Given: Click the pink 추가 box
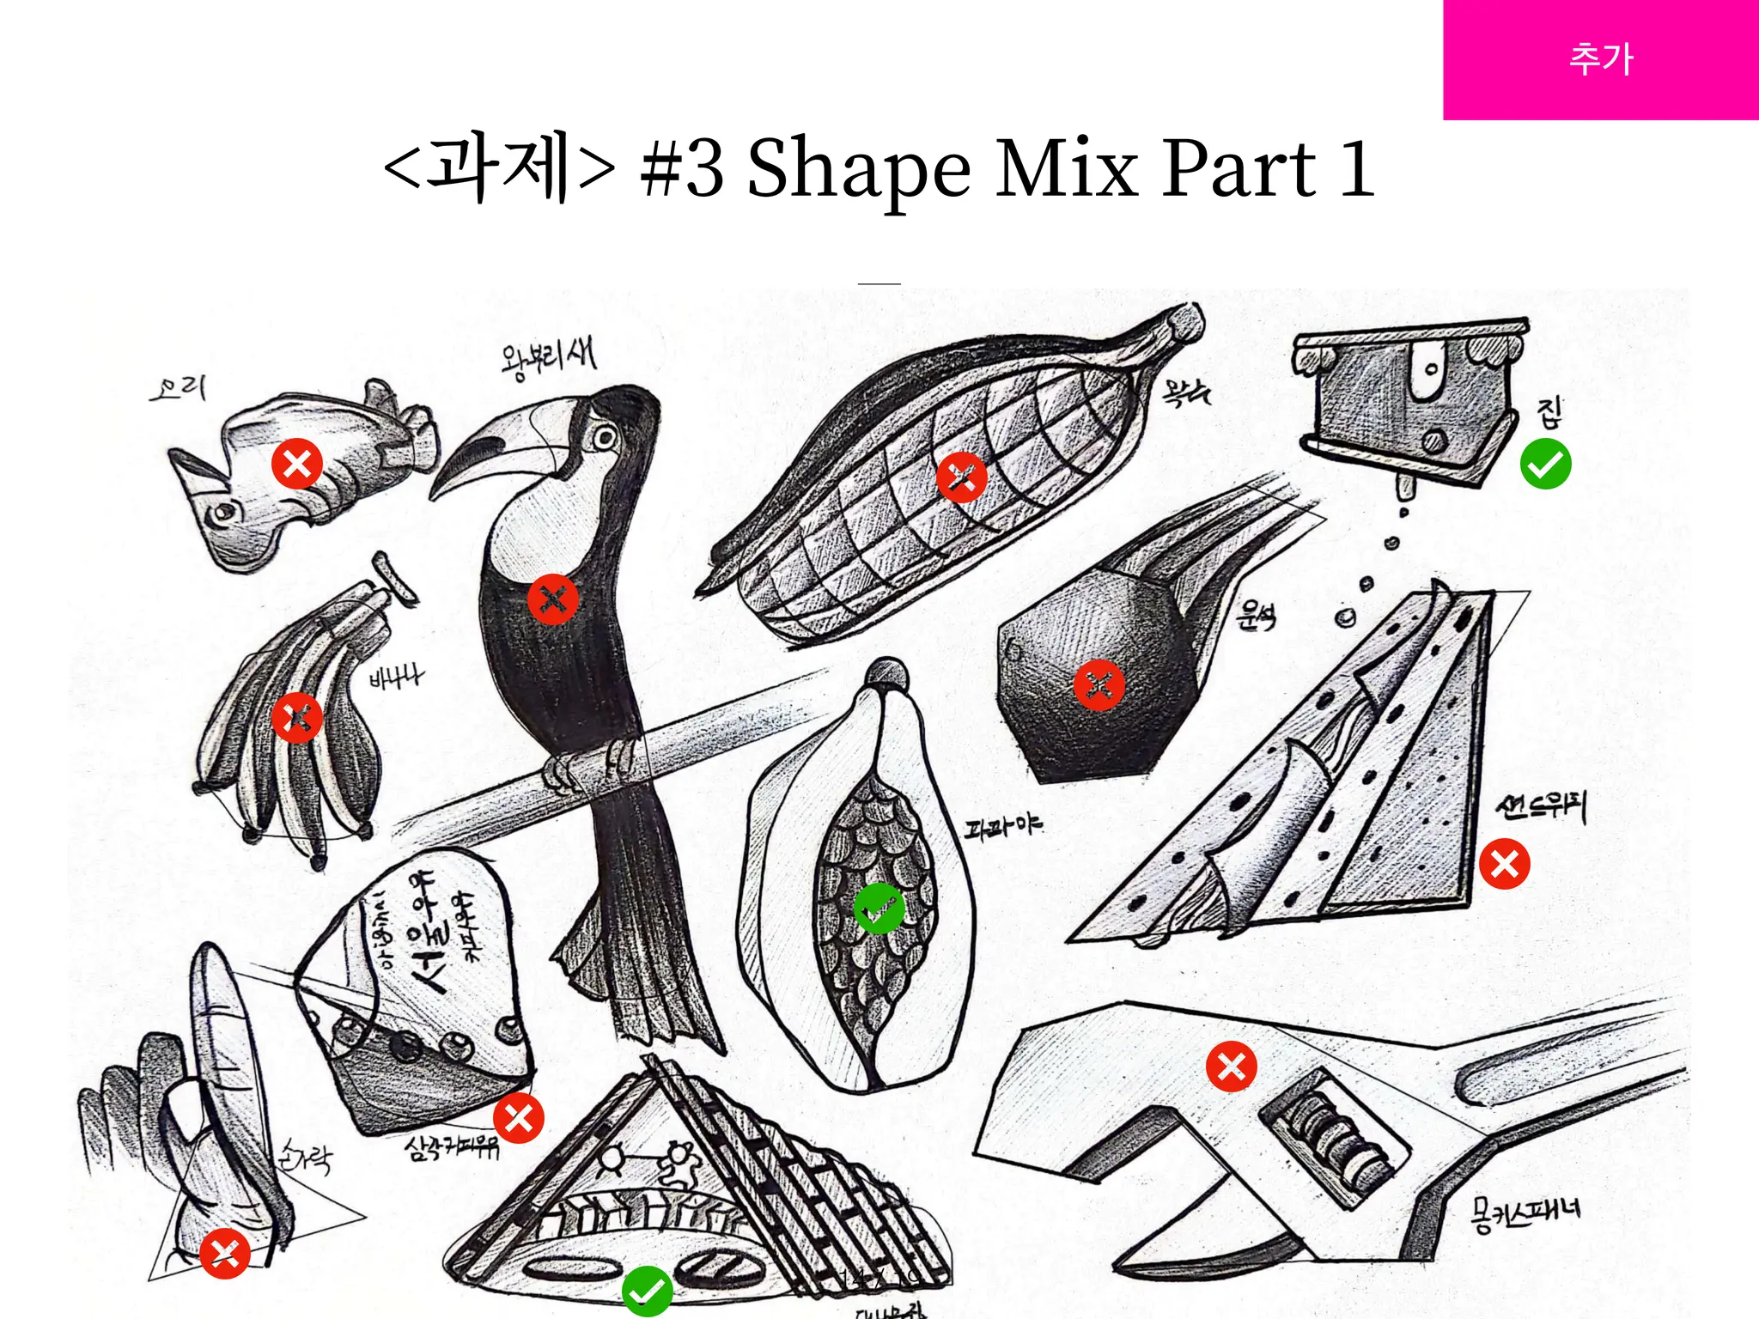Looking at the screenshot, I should click(x=1600, y=59).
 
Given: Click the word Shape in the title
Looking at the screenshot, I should click(x=858, y=168).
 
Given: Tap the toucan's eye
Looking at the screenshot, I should click(x=605, y=438).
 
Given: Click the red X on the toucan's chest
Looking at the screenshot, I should click(x=552, y=599).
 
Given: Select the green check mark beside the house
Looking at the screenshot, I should click(x=1545, y=464).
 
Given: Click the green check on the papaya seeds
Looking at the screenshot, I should click(x=879, y=908).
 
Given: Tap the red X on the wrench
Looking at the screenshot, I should click(x=1231, y=1067).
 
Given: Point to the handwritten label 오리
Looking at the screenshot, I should click(x=179, y=389).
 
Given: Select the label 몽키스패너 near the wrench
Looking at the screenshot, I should click(x=1525, y=1213).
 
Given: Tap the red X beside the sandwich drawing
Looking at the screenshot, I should click(x=1504, y=864).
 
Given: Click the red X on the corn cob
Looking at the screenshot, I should click(x=961, y=477).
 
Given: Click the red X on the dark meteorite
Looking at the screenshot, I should click(x=1099, y=685).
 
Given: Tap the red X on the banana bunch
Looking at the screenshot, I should click(x=296, y=717).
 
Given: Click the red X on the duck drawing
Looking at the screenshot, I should click(x=296, y=464).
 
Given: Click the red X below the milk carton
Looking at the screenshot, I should click(x=518, y=1118).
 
